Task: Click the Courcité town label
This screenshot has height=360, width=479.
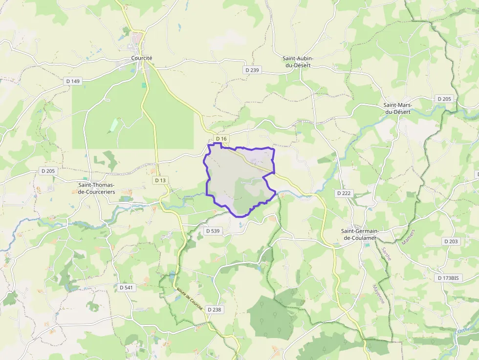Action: click(x=142, y=58)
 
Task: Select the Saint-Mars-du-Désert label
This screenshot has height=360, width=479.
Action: click(x=397, y=108)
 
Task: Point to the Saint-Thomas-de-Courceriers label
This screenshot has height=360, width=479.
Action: click(x=96, y=188)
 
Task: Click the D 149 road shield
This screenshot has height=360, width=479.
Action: click(x=72, y=81)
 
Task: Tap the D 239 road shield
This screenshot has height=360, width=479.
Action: click(x=252, y=70)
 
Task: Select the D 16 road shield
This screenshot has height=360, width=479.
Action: click(x=221, y=139)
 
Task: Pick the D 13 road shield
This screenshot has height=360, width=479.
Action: click(x=160, y=180)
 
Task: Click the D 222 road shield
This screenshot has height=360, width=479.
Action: click(x=344, y=193)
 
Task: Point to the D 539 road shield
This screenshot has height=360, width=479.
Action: click(x=213, y=231)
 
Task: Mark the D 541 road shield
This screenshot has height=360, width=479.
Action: click(x=126, y=288)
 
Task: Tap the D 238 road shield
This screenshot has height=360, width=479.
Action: click(x=214, y=309)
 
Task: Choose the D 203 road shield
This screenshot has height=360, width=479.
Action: click(x=451, y=241)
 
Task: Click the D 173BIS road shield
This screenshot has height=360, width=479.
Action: click(x=448, y=277)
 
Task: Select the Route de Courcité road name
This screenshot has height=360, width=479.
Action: click(x=190, y=295)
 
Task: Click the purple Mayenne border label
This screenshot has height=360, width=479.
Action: click(x=379, y=295)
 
